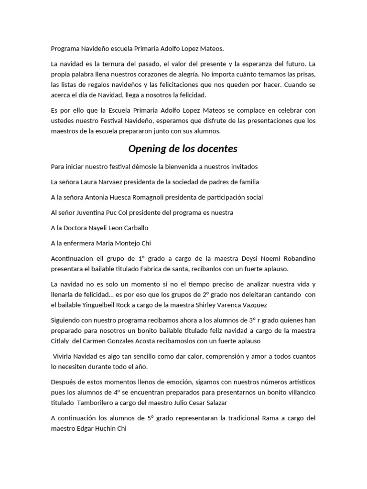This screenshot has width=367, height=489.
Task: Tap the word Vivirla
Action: coord(64,356)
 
